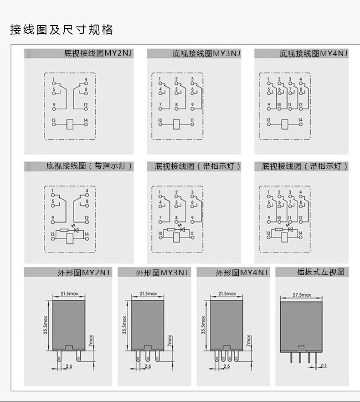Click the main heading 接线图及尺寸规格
(x=62, y=31)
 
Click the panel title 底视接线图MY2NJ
(x=98, y=53)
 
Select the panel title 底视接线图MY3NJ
(x=206, y=53)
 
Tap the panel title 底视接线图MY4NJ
(x=314, y=53)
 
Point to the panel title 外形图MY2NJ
(x=83, y=273)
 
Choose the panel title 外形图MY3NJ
(x=162, y=273)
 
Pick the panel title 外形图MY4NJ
(x=242, y=273)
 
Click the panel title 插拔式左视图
(x=320, y=272)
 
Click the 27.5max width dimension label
(x=302, y=295)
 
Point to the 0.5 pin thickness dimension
(x=324, y=365)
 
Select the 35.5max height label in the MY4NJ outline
(x=204, y=325)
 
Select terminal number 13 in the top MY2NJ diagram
(x=53, y=120)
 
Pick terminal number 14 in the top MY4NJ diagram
(x=300, y=120)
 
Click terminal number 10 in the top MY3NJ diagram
(x=160, y=120)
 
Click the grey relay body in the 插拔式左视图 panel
(x=301, y=326)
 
